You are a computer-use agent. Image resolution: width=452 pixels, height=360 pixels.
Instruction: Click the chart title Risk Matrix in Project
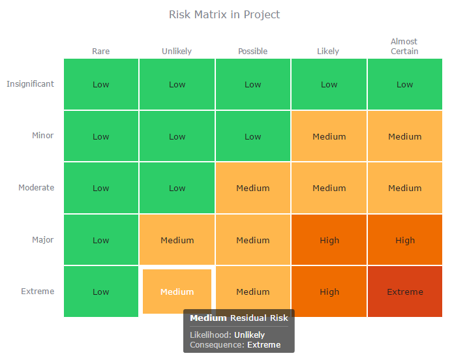(x=224, y=14)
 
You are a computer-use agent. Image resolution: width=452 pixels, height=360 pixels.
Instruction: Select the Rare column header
(x=101, y=52)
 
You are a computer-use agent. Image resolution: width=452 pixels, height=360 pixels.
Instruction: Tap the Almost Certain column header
(x=404, y=46)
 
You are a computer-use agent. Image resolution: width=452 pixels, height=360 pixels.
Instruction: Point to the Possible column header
(x=252, y=52)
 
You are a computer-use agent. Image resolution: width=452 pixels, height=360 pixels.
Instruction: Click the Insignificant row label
(x=31, y=84)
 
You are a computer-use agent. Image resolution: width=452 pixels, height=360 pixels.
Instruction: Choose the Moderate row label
(x=37, y=188)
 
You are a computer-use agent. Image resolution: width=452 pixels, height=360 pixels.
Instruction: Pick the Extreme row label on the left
(x=38, y=292)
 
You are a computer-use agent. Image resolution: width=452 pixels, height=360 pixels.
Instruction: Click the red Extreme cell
(x=405, y=292)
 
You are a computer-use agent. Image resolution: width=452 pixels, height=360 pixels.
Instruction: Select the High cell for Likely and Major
(x=329, y=240)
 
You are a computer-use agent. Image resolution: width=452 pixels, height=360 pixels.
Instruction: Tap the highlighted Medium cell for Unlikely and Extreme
(x=177, y=292)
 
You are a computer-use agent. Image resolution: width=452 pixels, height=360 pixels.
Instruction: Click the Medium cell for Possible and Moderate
(x=253, y=188)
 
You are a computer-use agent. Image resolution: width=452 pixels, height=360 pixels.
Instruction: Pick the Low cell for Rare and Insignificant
(x=101, y=84)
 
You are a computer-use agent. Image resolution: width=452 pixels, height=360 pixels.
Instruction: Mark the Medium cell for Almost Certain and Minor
(x=405, y=136)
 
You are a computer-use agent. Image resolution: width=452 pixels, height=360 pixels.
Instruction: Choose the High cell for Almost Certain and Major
(x=405, y=240)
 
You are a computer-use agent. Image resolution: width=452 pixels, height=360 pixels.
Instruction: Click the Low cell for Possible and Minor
(x=253, y=136)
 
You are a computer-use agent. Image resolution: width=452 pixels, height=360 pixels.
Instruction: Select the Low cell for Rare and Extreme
(x=101, y=292)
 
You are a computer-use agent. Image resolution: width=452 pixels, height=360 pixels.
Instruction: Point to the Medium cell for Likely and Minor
(x=329, y=136)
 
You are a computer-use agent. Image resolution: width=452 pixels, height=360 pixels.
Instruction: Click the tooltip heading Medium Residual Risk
(x=239, y=318)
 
